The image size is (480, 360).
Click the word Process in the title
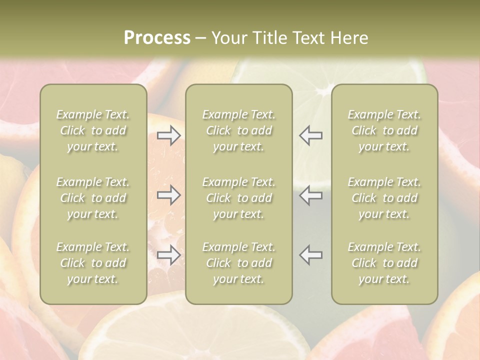point(157,38)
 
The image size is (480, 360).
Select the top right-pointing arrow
point(169,135)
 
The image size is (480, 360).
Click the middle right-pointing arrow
point(169,195)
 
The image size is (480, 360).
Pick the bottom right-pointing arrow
point(169,255)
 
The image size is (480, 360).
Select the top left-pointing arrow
point(310,135)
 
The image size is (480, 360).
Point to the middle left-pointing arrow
point(310,195)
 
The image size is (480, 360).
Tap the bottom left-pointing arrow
point(310,255)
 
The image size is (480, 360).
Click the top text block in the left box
point(93,130)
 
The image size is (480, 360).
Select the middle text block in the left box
point(93,198)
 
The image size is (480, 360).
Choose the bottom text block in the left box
point(93,263)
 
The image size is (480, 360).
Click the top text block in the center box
point(238,130)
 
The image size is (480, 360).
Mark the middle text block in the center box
point(238,198)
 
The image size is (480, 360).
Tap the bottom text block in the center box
point(238,263)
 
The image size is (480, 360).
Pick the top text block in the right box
point(384,130)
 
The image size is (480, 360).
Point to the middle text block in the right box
point(384,198)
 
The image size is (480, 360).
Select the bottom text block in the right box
point(384,263)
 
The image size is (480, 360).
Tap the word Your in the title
point(230,38)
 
